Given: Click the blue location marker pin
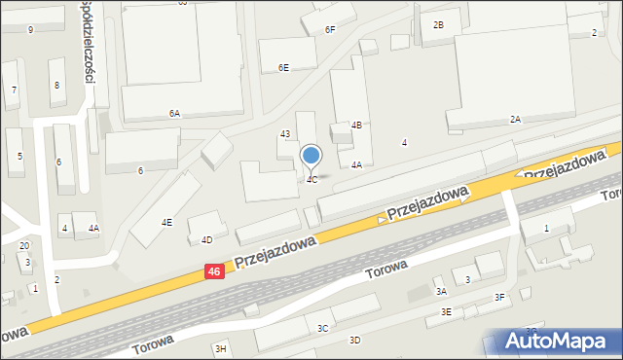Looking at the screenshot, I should [x=311, y=156].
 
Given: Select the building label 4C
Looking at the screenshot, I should [x=311, y=180].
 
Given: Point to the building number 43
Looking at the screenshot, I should [x=285, y=133].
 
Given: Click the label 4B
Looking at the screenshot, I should [x=357, y=125].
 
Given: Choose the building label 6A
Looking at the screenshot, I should [x=174, y=114].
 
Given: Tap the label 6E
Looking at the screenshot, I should [x=283, y=68].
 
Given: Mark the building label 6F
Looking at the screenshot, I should [x=330, y=30].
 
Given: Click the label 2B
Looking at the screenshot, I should [x=438, y=24].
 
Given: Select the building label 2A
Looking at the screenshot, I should [x=515, y=119].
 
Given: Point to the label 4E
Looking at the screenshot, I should [x=166, y=223].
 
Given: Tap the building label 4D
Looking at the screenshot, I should [x=206, y=239].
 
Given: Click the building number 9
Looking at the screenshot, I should [x=30, y=30].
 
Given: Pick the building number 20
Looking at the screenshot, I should [x=24, y=245].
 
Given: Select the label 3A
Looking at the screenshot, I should [x=441, y=291].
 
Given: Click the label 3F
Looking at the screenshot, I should [x=500, y=298].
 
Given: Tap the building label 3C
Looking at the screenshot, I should [x=322, y=329].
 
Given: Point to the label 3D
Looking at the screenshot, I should [x=355, y=340].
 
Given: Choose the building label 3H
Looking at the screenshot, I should [x=220, y=348].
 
